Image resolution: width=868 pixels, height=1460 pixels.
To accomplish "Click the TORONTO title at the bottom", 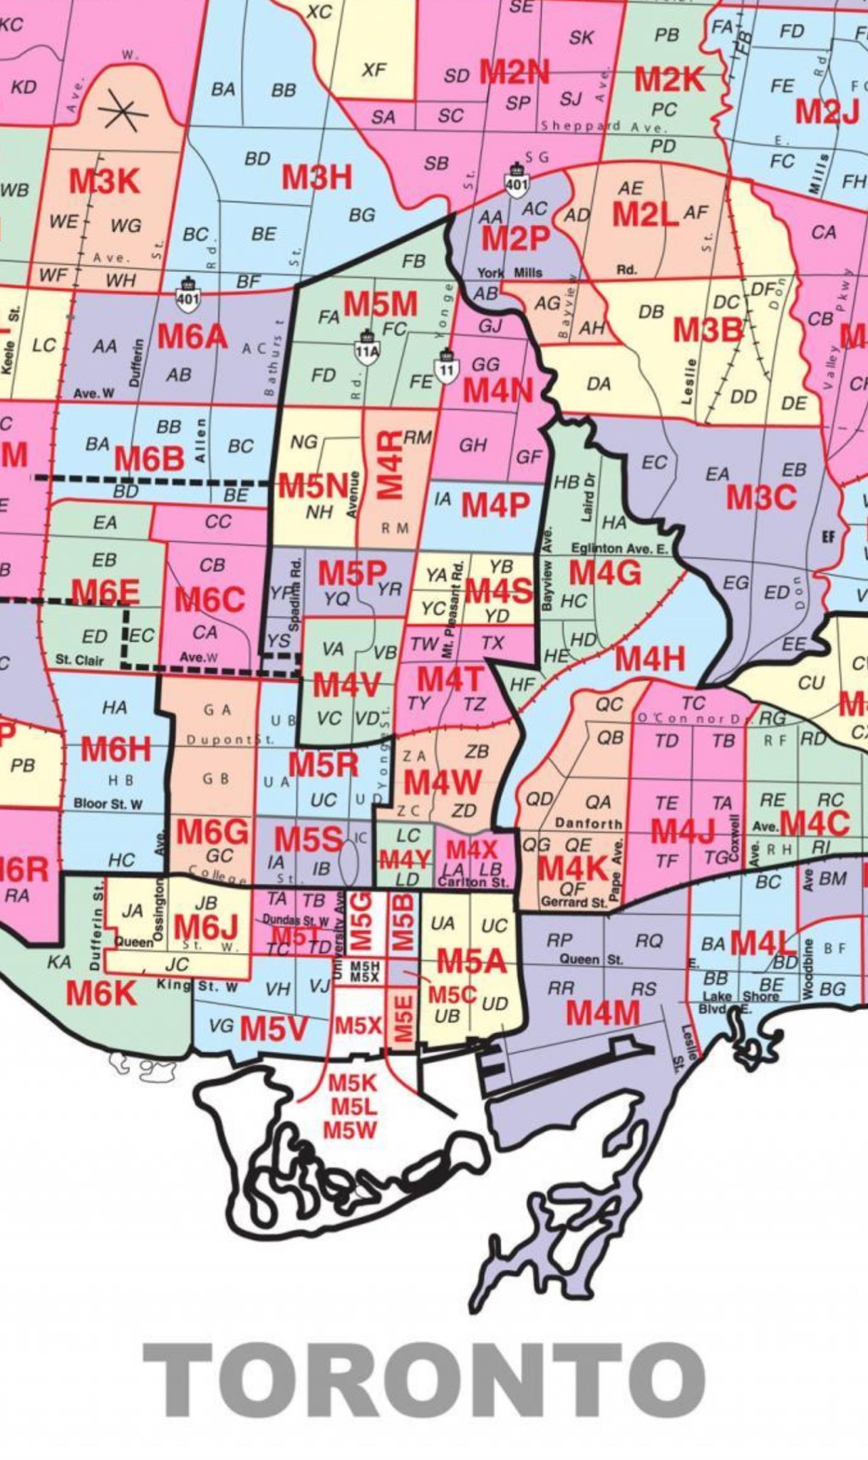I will point(425,1380).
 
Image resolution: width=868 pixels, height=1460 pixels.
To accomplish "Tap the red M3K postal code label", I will point(104,182).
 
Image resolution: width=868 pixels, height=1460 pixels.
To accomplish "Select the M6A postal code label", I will point(192,336).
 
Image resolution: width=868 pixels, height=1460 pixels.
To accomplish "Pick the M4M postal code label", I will point(603,1012).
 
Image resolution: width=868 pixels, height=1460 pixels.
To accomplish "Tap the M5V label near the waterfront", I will point(274,1028).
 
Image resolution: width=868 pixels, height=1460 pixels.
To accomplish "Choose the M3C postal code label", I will point(760,497).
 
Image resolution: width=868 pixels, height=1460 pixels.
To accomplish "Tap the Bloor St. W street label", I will point(108,804).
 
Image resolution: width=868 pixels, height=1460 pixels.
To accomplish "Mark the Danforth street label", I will point(588,823).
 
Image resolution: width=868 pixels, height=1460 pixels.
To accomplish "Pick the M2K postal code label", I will point(669,80).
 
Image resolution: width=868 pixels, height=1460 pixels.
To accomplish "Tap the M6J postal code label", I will point(205,927).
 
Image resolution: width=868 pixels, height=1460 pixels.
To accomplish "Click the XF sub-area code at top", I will point(374,69).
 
